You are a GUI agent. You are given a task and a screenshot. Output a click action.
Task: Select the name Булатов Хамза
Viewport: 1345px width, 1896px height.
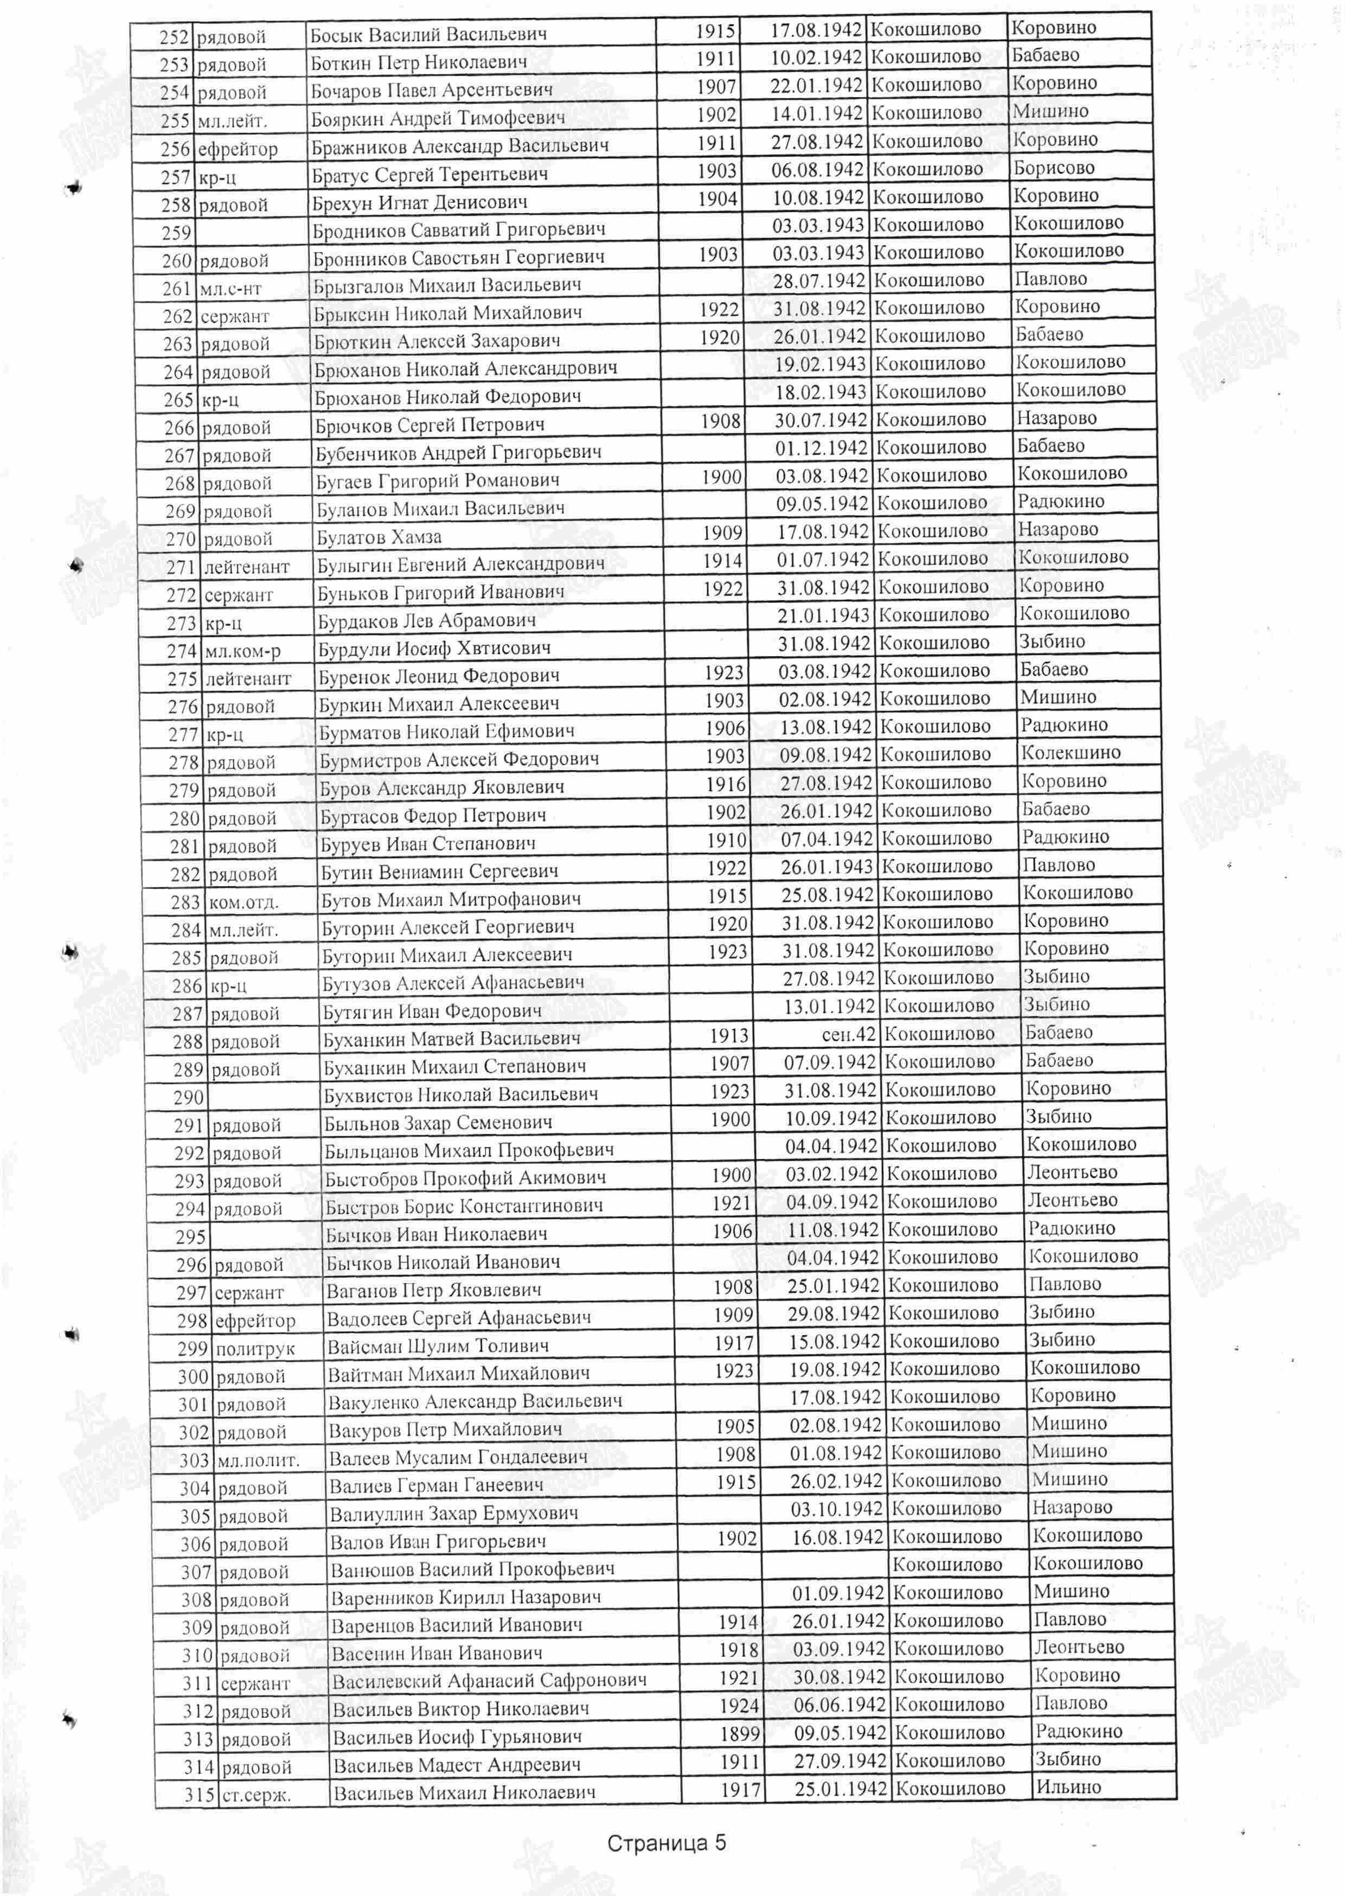point(379,536)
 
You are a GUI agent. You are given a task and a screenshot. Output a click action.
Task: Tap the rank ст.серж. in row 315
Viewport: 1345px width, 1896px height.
point(256,1795)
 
